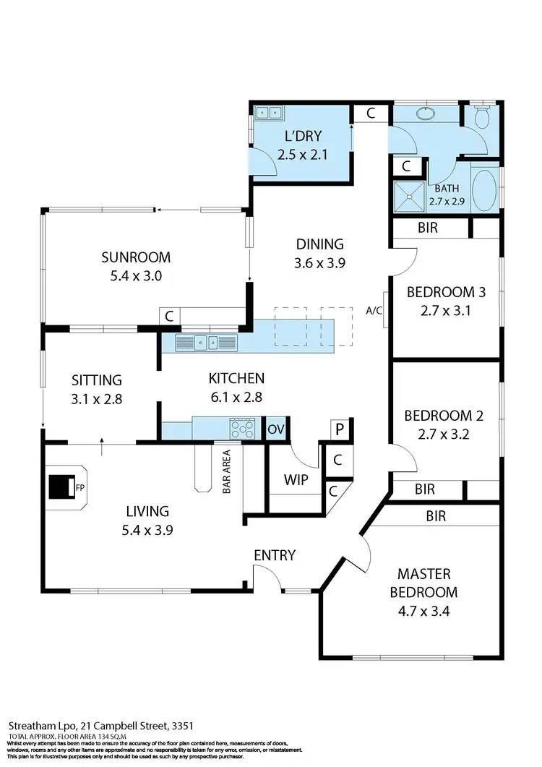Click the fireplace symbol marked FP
pos(61,486)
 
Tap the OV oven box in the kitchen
pos(276,429)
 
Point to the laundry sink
pos(270,112)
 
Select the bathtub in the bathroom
pos(485,192)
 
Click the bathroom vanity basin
pos(423,113)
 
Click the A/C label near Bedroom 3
pos(374,310)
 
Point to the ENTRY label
pos(275,555)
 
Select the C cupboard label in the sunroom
pos(169,317)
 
